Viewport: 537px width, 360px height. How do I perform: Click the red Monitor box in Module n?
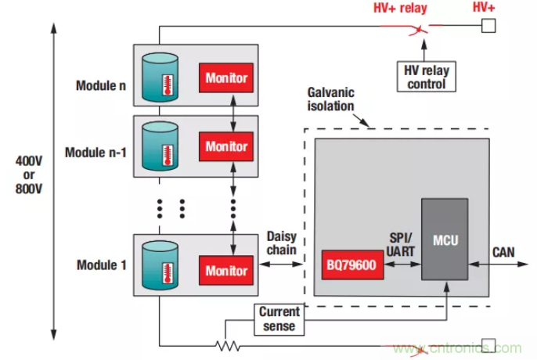click(226, 78)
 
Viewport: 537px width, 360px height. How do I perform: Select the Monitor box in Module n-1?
click(226, 146)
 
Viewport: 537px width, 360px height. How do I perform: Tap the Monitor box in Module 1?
click(226, 271)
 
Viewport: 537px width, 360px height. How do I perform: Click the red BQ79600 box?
click(349, 265)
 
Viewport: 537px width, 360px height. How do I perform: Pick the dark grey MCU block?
click(445, 239)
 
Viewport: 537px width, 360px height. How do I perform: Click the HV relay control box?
click(427, 77)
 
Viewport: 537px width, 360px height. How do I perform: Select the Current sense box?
click(279, 319)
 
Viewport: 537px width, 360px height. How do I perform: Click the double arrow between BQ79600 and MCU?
click(401, 265)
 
